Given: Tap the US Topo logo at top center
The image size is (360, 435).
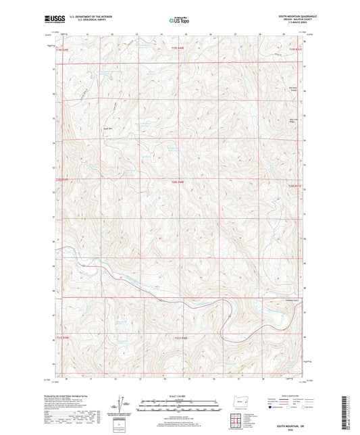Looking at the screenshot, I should point(179,20).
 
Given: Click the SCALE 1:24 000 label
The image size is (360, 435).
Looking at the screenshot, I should point(179,396).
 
